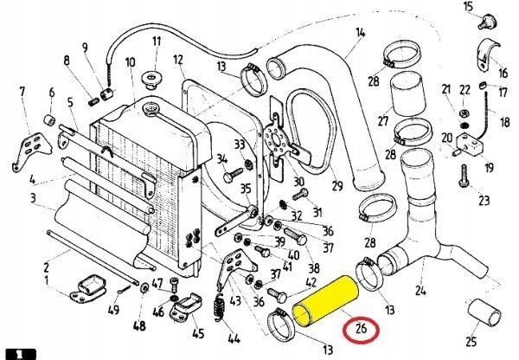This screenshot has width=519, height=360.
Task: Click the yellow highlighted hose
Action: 324,299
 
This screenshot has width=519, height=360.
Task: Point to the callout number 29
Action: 336,185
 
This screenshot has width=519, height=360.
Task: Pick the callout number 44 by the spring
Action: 229,337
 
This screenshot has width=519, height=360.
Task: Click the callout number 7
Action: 23,91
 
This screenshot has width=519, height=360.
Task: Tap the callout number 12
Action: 178,61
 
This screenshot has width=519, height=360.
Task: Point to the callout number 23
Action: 484,201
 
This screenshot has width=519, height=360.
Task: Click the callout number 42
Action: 311,280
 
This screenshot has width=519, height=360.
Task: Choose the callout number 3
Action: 32,199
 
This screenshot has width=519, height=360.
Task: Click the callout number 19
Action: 489,167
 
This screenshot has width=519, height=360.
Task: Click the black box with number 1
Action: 16,352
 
